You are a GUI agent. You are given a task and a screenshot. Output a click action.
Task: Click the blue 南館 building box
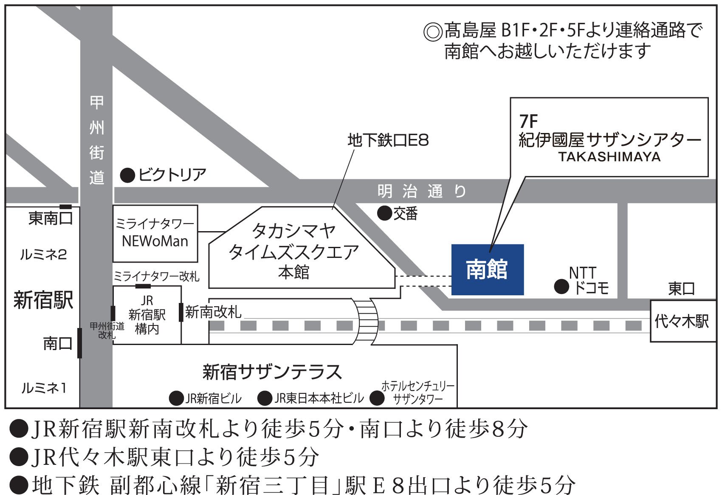(487, 269)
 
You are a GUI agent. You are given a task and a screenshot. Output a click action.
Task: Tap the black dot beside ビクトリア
(127, 175)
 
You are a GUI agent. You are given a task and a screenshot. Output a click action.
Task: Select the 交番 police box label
(405, 213)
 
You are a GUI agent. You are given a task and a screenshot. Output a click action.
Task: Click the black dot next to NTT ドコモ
(561, 287)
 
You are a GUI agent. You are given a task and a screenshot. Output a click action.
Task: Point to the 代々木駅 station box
(682, 321)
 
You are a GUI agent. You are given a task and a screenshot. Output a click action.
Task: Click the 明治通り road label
(422, 191)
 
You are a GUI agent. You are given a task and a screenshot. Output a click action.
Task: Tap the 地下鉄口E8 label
(388, 140)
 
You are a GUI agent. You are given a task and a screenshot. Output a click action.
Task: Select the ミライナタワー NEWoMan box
(155, 233)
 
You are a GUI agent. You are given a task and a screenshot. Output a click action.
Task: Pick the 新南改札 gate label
(213, 312)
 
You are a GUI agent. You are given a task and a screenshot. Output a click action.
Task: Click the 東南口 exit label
(50, 218)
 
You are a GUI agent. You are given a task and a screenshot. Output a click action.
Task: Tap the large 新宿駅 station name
(43, 300)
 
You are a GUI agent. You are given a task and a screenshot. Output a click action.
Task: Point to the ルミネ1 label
(44, 388)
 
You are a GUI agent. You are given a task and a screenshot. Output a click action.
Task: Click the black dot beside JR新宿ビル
(176, 398)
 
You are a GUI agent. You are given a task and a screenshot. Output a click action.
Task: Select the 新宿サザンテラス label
(272, 372)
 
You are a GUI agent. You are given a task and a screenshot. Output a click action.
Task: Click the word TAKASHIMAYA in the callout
(609, 157)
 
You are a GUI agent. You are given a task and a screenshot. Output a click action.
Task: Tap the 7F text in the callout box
(528, 122)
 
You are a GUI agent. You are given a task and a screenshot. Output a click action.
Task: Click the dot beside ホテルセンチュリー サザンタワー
(377, 398)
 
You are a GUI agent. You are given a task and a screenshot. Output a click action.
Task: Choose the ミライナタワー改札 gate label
(156, 277)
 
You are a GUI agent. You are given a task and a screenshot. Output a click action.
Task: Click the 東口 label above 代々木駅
(681, 289)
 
